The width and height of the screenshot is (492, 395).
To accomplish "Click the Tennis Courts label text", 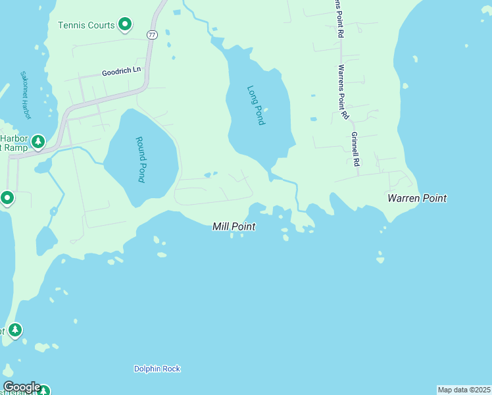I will [87, 26].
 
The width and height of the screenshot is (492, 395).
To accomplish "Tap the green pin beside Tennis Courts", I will [125, 25].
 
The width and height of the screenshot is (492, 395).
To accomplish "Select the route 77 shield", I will [152, 35].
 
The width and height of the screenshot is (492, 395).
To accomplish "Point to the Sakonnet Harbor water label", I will [26, 95].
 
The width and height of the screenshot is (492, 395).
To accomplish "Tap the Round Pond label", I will [140, 159].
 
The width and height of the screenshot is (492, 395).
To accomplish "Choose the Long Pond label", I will [255, 105].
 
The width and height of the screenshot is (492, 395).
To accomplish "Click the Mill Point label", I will [234, 226].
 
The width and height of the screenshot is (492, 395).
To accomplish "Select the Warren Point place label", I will [417, 198].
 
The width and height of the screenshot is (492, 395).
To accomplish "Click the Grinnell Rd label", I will [355, 149].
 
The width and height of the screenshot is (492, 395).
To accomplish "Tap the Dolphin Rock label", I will [157, 369].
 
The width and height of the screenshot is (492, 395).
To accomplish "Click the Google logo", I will [22, 387].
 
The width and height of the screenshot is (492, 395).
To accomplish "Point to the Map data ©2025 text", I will [464, 390].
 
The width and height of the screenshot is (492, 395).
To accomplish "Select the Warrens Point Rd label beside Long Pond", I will [343, 92].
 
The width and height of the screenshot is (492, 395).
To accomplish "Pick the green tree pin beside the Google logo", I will [43, 391].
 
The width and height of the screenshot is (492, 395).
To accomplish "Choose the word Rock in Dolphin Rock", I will [170, 369].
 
